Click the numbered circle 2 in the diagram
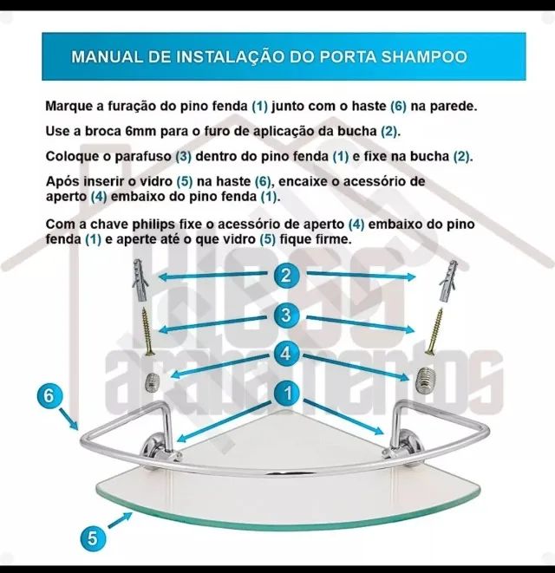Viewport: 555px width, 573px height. pyautogui.click(x=285, y=277)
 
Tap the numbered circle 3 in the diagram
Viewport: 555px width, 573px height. pyautogui.click(x=285, y=316)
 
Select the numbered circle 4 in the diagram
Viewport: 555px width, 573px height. pyautogui.click(x=285, y=354)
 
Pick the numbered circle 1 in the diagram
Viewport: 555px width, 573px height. pyautogui.click(x=285, y=394)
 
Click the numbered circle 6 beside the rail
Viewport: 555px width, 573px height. pyautogui.click(x=51, y=395)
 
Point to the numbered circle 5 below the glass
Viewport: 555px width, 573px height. pyautogui.click(x=93, y=537)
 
